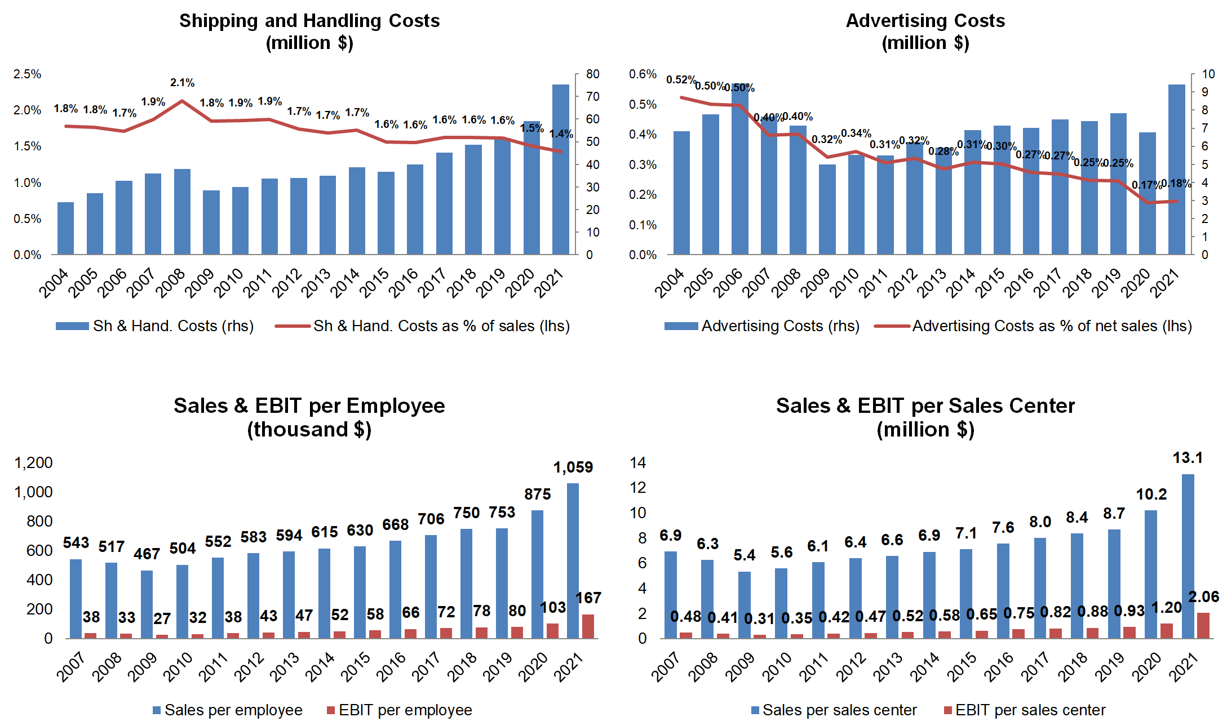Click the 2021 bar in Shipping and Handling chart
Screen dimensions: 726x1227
pyautogui.click(x=560, y=169)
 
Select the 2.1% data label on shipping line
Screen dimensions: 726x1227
pyautogui.click(x=182, y=83)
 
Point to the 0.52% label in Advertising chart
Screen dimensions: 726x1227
pyautogui.click(x=680, y=80)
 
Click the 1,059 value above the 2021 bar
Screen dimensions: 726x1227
pyautogui.click(x=573, y=467)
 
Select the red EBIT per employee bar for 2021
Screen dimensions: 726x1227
pyautogui.click(x=588, y=626)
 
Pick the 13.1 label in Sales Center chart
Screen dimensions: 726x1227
pyautogui.click(x=1188, y=458)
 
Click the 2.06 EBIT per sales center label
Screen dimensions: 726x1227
pyautogui.click(x=1203, y=597)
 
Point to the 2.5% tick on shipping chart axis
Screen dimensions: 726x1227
pyautogui.click(x=28, y=74)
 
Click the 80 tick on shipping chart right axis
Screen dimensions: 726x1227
pyautogui.click(x=592, y=74)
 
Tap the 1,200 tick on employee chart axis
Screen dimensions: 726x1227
pyautogui.click(x=33, y=463)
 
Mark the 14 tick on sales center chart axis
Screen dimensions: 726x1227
pyautogui.click(x=638, y=463)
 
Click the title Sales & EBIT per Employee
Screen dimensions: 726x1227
pyautogui.click(x=309, y=406)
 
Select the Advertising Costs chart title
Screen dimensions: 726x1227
pyautogui.click(x=925, y=21)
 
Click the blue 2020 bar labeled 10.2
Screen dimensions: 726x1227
pyautogui.click(x=1150, y=574)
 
